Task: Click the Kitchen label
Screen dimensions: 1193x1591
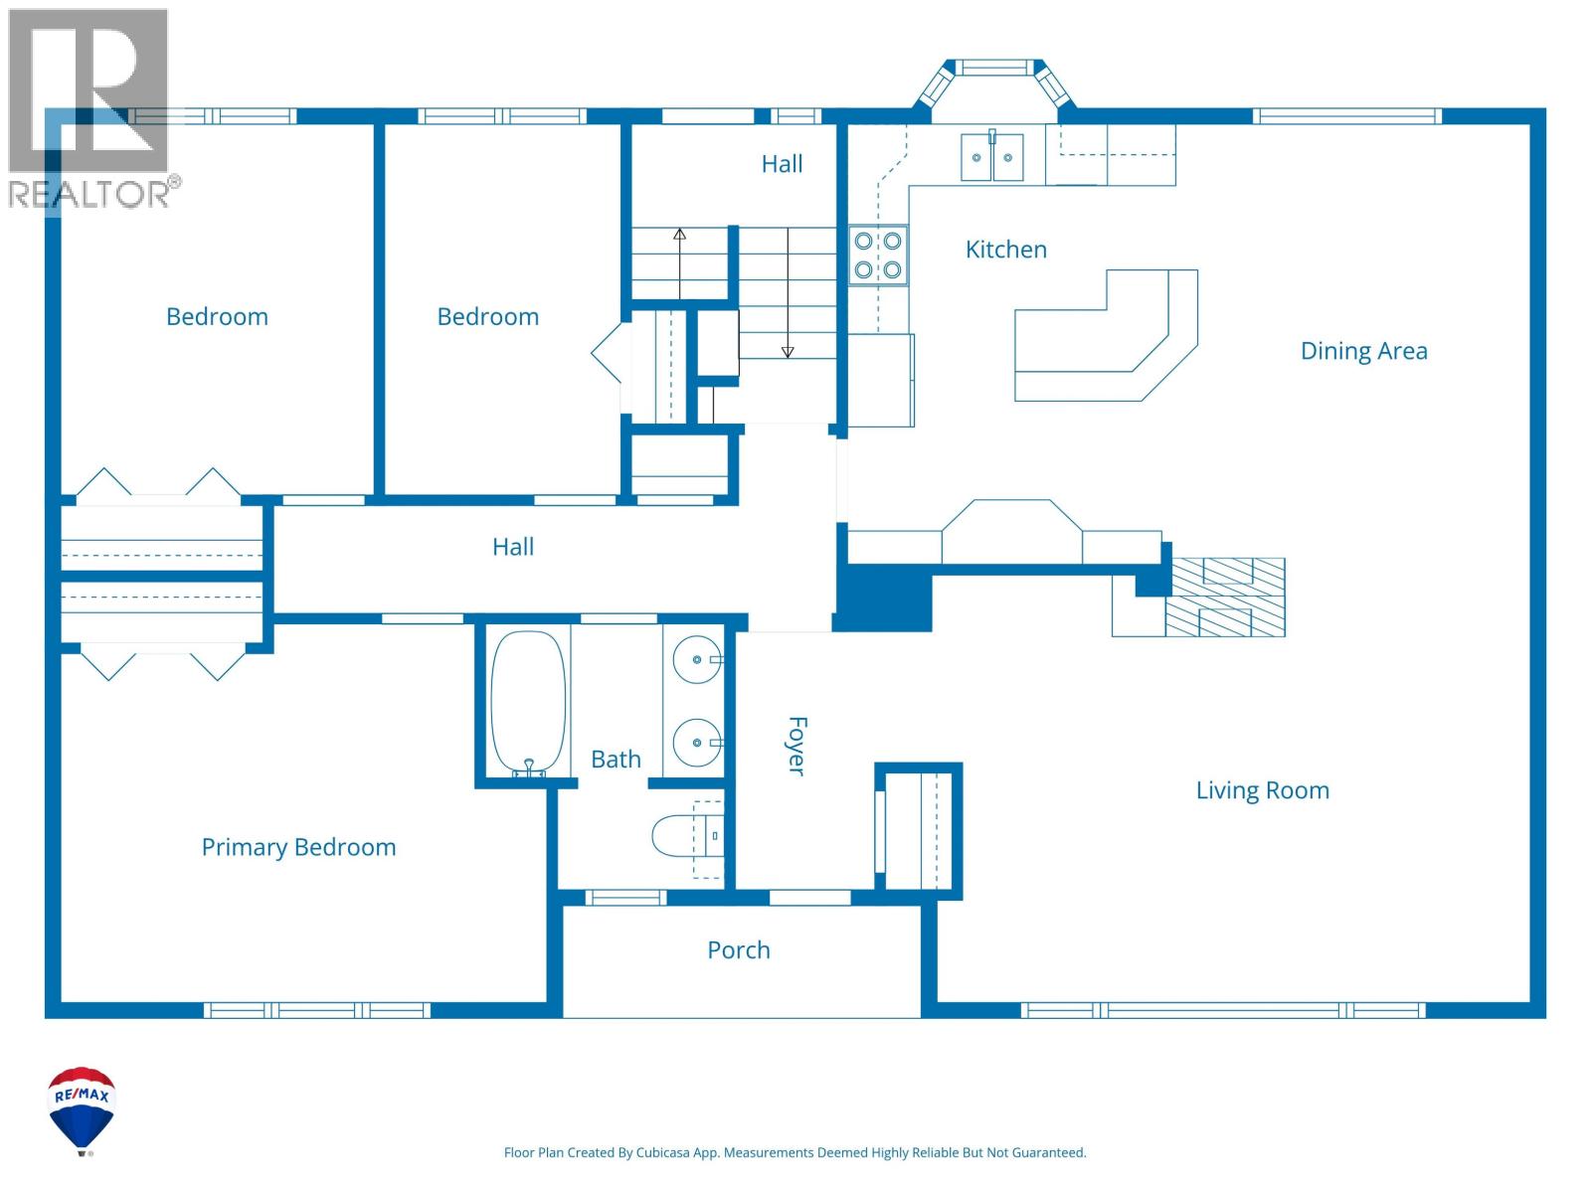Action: pyautogui.click(x=1005, y=250)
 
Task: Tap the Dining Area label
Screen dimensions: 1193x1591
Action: pyautogui.click(x=1363, y=351)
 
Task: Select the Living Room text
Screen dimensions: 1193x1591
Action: pyautogui.click(x=1262, y=790)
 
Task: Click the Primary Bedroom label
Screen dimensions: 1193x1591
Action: pyautogui.click(x=298, y=847)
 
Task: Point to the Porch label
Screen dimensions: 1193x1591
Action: pyautogui.click(x=738, y=950)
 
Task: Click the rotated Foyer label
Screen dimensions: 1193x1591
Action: pyautogui.click(x=796, y=746)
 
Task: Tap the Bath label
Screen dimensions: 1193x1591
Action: pyautogui.click(x=616, y=760)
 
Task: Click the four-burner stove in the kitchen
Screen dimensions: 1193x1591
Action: pyautogui.click(x=878, y=256)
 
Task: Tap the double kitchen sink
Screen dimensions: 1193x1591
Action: pyautogui.click(x=991, y=157)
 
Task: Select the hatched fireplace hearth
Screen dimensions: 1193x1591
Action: pyautogui.click(x=1226, y=597)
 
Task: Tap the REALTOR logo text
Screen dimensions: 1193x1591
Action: pyautogui.click(x=89, y=194)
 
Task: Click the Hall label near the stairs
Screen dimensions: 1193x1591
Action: pyautogui.click(x=782, y=164)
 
